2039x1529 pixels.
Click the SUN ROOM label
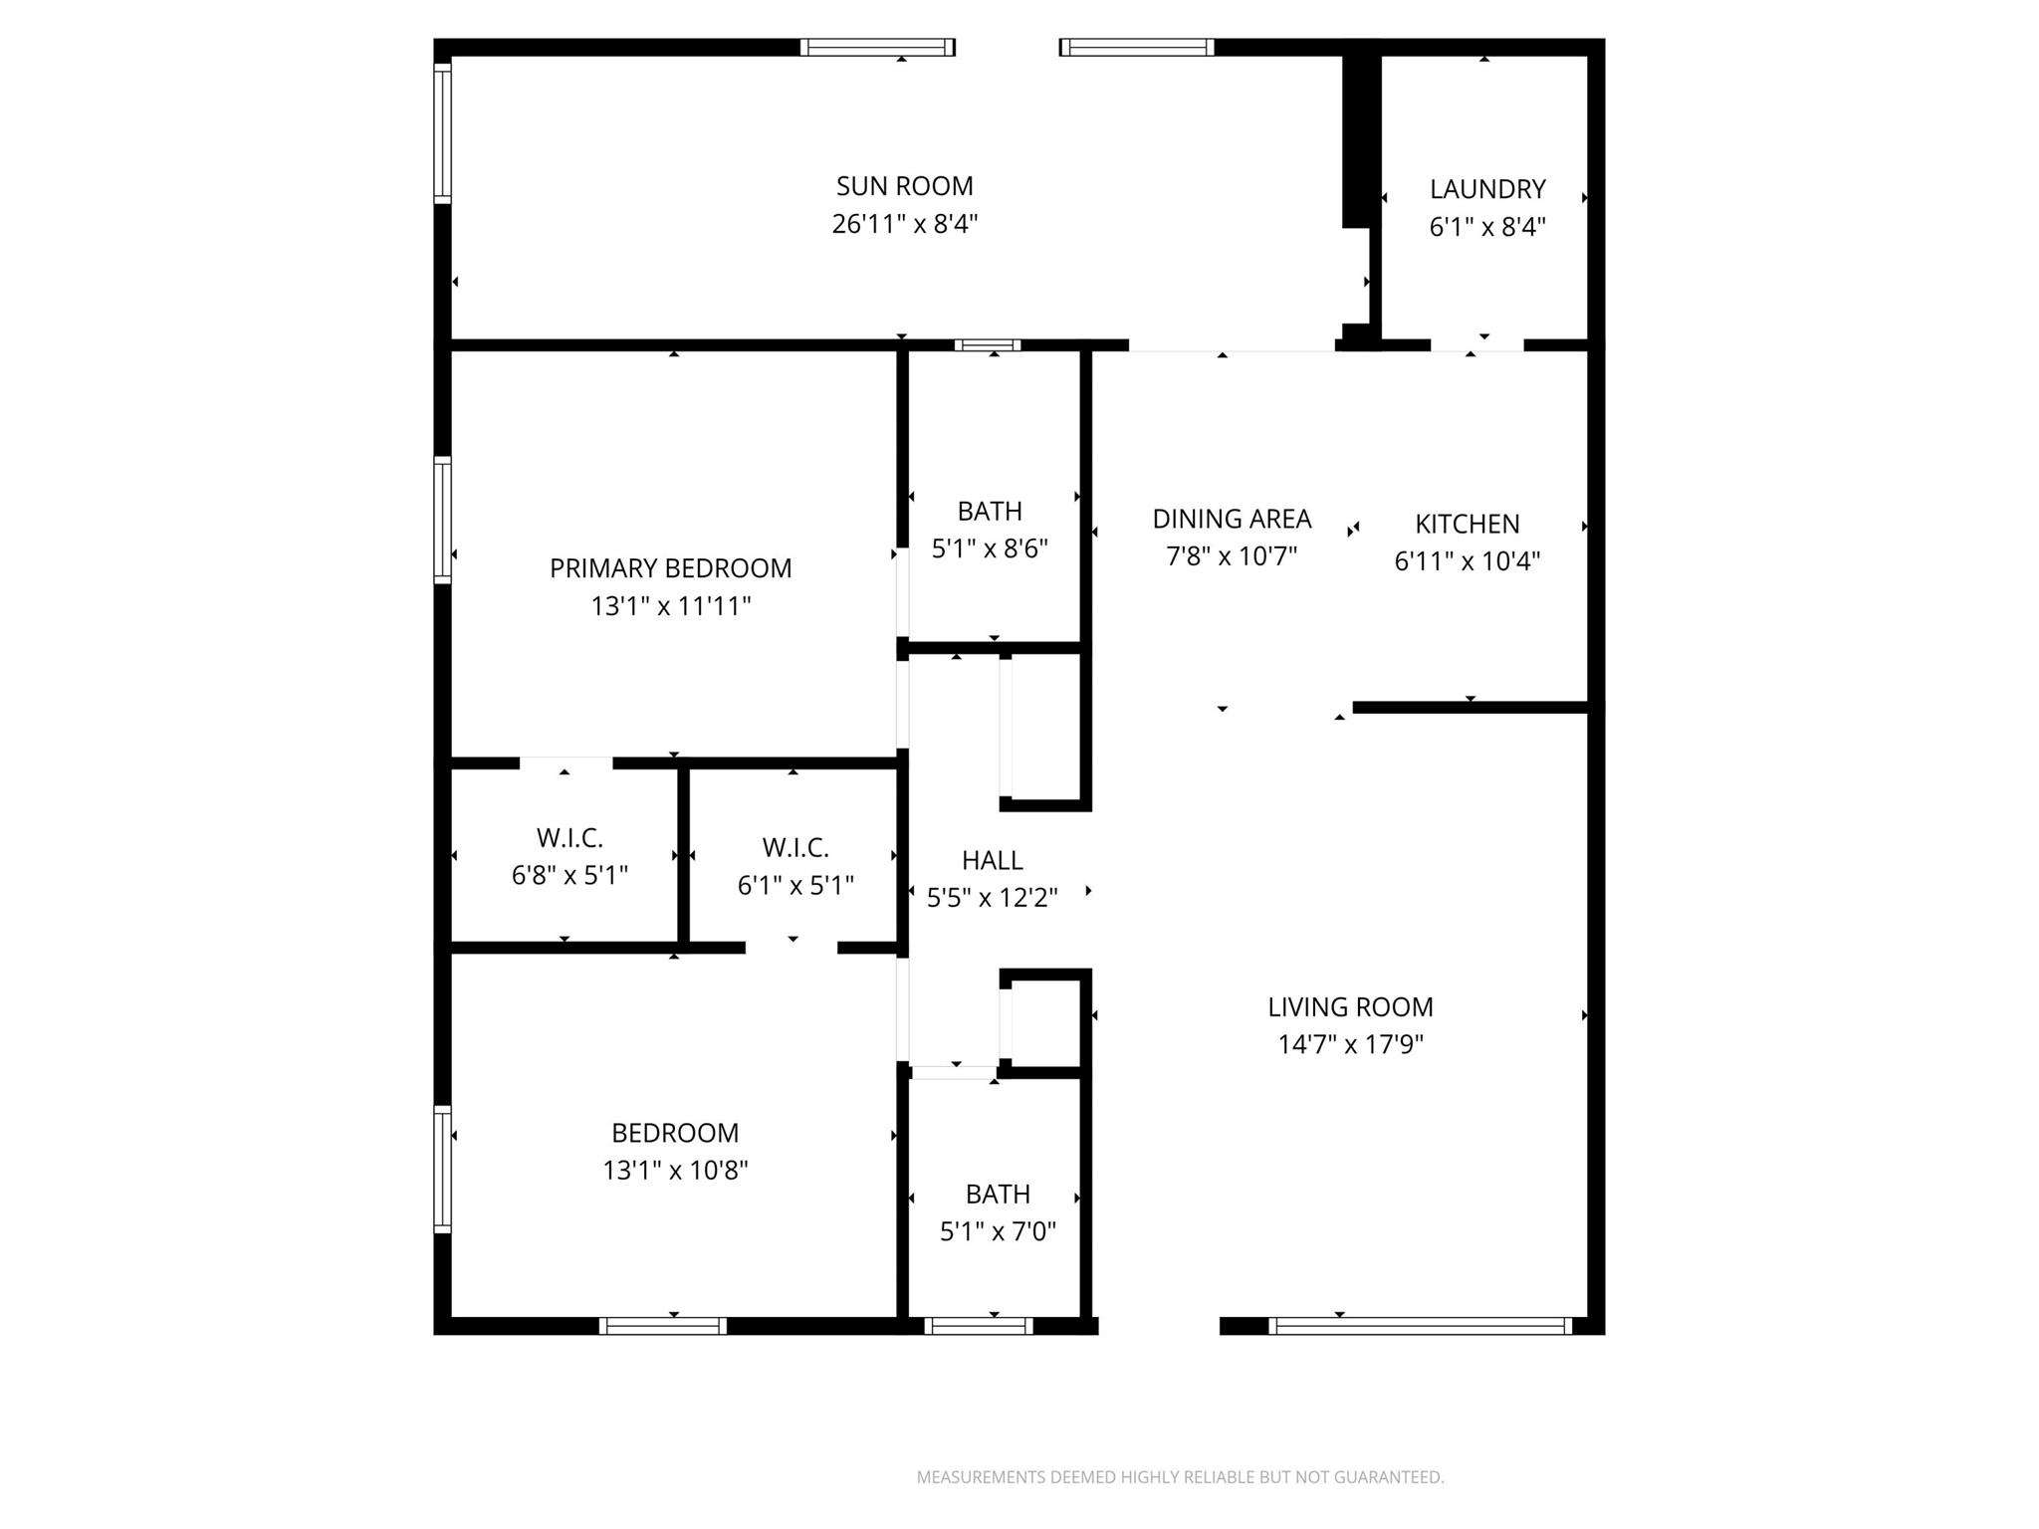click(904, 186)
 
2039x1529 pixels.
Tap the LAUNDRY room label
click(1487, 189)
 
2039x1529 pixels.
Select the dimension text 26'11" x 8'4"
click(904, 224)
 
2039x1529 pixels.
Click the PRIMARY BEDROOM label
click(670, 568)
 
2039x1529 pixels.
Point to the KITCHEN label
click(1467, 524)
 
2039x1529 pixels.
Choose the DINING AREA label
click(1232, 519)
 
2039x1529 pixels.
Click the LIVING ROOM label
click(1350, 1006)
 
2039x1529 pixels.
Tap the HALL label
click(992, 860)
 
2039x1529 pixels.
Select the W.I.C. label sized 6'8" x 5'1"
click(569, 837)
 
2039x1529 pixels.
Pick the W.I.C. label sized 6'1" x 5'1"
click(795, 848)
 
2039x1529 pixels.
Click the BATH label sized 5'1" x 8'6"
click(990, 511)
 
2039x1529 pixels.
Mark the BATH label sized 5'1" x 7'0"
click(998, 1194)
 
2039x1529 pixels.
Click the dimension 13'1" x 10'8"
click(675, 1170)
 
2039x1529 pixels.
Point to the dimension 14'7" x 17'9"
click(1350, 1044)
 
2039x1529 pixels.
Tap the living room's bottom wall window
click(1420, 1326)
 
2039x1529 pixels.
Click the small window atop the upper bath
click(988, 345)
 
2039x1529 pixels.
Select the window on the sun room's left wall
click(442, 131)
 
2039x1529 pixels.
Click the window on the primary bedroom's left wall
click(442, 519)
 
